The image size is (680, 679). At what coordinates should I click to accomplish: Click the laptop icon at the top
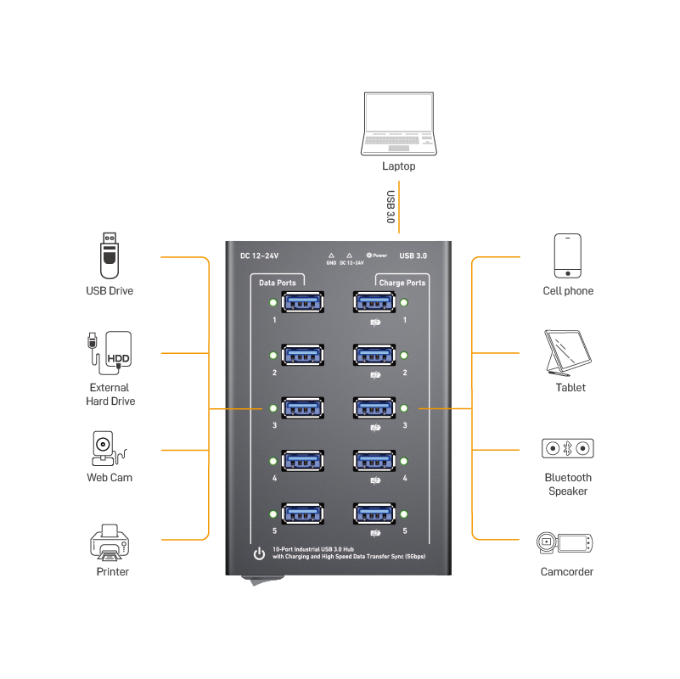tap(398, 124)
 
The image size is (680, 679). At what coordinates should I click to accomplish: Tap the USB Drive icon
tap(110, 255)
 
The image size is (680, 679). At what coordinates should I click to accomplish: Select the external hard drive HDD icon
tap(110, 353)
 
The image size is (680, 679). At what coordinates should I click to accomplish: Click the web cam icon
tap(109, 448)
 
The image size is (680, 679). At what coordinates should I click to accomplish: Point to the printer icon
tap(110, 542)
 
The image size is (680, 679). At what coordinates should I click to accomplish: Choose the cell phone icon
tap(568, 255)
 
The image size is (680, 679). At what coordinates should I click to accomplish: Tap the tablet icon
tap(568, 353)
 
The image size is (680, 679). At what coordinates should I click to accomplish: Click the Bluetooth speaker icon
tap(568, 448)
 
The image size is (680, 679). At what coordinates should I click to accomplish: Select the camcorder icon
tap(565, 543)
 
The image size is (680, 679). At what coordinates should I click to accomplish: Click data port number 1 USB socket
tap(303, 302)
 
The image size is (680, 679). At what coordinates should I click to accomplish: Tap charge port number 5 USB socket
tap(374, 513)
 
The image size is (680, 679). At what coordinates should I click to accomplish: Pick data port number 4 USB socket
tap(303, 461)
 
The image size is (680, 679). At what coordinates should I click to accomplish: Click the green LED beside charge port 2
tap(404, 356)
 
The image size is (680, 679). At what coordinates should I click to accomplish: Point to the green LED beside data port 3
tap(273, 408)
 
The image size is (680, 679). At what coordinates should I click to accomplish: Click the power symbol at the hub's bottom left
tap(259, 553)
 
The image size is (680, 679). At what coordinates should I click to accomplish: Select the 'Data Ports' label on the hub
tap(278, 283)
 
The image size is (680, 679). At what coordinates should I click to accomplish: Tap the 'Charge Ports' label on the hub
tap(402, 283)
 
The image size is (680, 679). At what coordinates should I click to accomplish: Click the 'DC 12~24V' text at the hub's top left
tap(259, 255)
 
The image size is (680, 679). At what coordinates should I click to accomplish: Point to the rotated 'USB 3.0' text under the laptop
tap(391, 207)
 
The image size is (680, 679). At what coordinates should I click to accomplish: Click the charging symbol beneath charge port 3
tap(375, 428)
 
